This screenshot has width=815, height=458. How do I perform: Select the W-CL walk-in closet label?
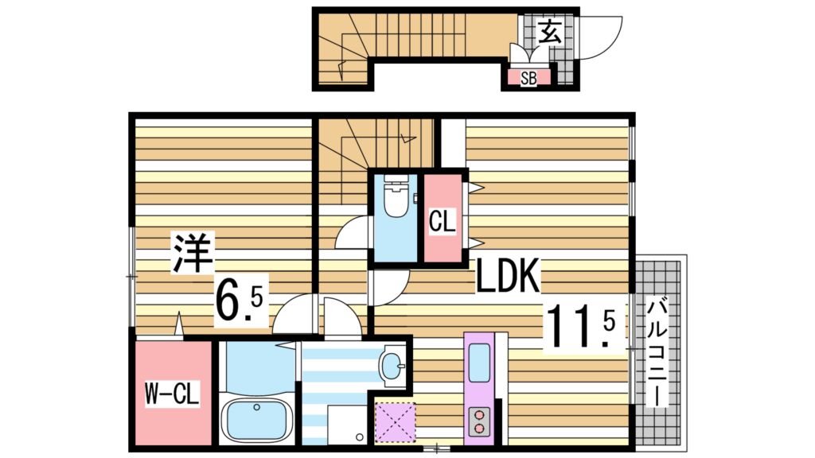pyautogui.click(x=172, y=393)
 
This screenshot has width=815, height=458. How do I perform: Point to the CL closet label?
pyautogui.click(x=443, y=221)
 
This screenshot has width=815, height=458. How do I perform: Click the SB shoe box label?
pyautogui.click(x=528, y=78)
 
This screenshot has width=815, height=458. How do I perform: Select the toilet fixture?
pyautogui.click(x=396, y=199)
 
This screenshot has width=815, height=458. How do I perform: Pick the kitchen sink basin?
pyautogui.click(x=481, y=366)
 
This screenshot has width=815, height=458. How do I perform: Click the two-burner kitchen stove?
pyautogui.click(x=481, y=420)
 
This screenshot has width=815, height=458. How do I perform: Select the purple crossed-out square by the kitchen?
pyautogui.click(x=396, y=420)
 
